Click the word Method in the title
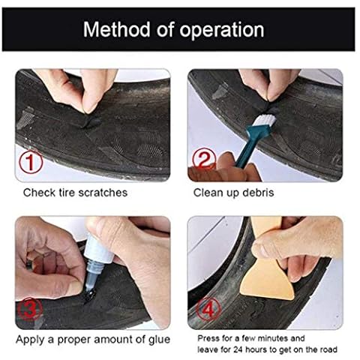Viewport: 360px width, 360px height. pyautogui.click(x=116, y=29)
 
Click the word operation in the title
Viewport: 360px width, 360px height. pyautogui.click(x=222, y=30)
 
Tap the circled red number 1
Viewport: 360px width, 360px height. pyautogui.click(x=31, y=162)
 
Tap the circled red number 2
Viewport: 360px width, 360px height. pyautogui.click(x=204, y=158)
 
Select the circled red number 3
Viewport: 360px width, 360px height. pyautogui.click(x=30, y=309)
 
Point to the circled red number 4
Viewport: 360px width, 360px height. pyautogui.click(x=208, y=310)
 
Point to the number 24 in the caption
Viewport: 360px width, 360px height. pyautogui.click(x=239, y=349)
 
